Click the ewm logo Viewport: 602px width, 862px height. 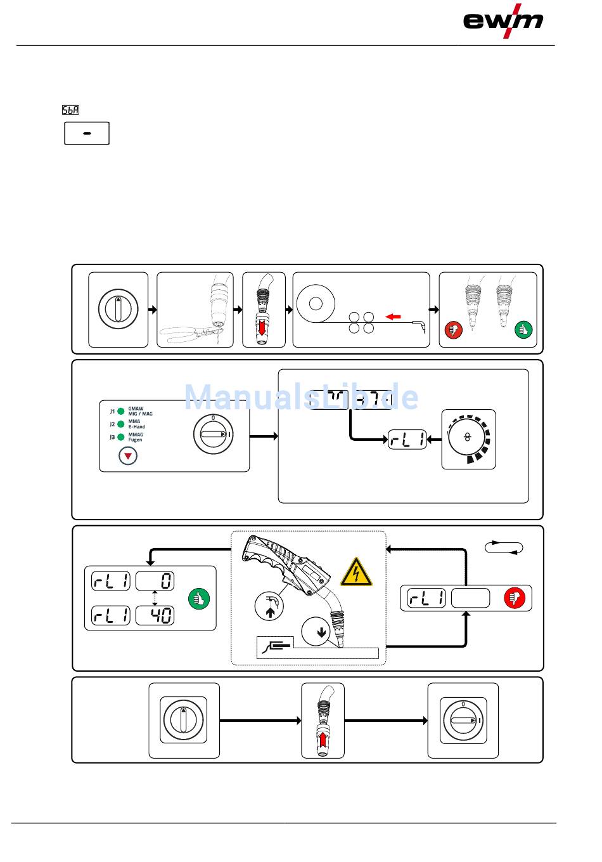pyautogui.click(x=503, y=21)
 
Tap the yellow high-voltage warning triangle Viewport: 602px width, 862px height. pyautogui.click(x=356, y=573)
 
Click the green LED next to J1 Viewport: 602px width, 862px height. pyautogui.click(x=120, y=411)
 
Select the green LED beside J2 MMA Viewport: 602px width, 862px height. pyautogui.click(x=120, y=424)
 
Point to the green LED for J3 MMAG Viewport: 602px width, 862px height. pyautogui.click(x=120, y=437)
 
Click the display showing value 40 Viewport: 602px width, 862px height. pyautogui.click(x=155, y=615)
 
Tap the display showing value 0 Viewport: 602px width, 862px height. pyautogui.click(x=155, y=580)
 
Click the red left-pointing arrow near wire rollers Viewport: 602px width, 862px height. pyautogui.click(x=393, y=316)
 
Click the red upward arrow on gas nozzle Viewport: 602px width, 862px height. pyautogui.click(x=323, y=738)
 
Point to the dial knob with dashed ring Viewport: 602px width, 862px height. pyautogui.click(x=468, y=438)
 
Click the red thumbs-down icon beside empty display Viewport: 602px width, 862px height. pyautogui.click(x=514, y=598)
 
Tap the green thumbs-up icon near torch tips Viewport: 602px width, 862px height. pyautogui.click(x=523, y=330)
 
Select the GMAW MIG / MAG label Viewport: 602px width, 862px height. pyautogui.click(x=140, y=411)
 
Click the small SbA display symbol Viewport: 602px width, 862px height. pyautogui.click(x=70, y=110)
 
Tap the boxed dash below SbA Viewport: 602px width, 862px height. pyautogui.click(x=87, y=133)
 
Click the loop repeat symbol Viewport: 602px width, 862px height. pyautogui.click(x=504, y=547)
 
